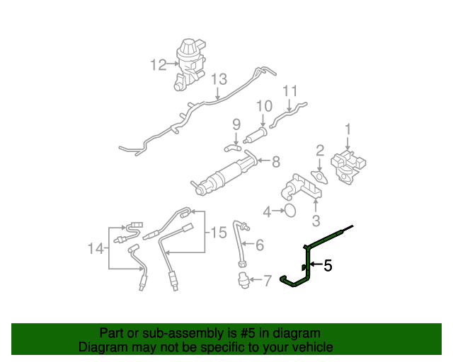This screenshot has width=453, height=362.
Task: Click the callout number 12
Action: [x=158, y=65]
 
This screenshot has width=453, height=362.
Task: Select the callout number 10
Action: [x=264, y=106]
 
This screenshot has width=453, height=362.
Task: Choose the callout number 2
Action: [x=320, y=149]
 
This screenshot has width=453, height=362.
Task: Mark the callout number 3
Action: [x=316, y=221]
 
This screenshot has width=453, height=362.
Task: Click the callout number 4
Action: [x=267, y=211]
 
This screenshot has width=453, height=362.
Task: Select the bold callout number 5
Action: [x=328, y=266]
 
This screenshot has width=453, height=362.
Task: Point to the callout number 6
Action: [x=260, y=245]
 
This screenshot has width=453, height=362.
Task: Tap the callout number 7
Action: [x=267, y=281]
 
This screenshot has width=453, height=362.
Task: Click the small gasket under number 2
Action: [x=319, y=177]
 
